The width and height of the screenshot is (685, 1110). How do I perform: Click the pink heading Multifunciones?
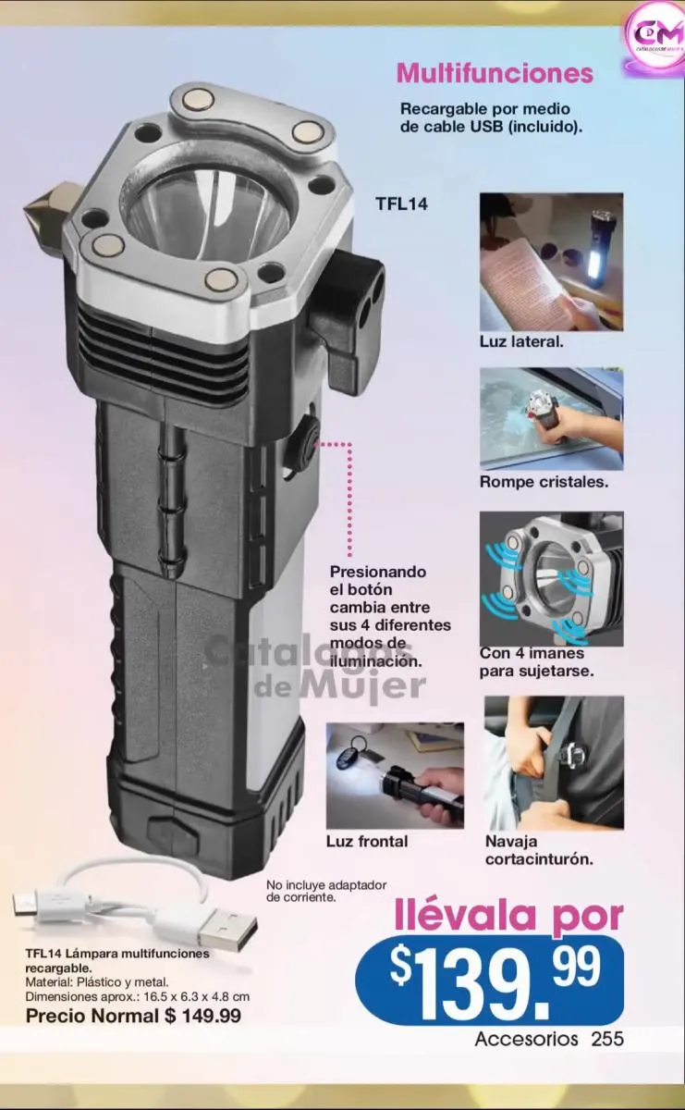coord(495,73)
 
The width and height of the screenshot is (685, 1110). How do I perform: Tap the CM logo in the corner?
coord(653,38)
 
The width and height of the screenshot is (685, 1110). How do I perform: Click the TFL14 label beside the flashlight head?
coord(401,204)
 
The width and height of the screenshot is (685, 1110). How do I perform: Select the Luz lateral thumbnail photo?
coord(551,262)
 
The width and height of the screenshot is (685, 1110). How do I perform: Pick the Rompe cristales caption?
coord(544,482)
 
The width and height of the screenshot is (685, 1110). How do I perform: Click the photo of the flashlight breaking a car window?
coord(551,419)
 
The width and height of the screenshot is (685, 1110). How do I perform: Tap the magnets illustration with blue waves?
coord(551,579)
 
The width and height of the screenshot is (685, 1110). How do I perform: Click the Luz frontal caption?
coord(367,841)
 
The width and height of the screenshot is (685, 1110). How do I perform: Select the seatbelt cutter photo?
coord(555,762)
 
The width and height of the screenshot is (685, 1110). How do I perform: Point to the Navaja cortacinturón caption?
coord(539,850)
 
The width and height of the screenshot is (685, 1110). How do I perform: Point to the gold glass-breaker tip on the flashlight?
coord(47,203)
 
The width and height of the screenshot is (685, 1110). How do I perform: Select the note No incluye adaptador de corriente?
coord(326,891)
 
